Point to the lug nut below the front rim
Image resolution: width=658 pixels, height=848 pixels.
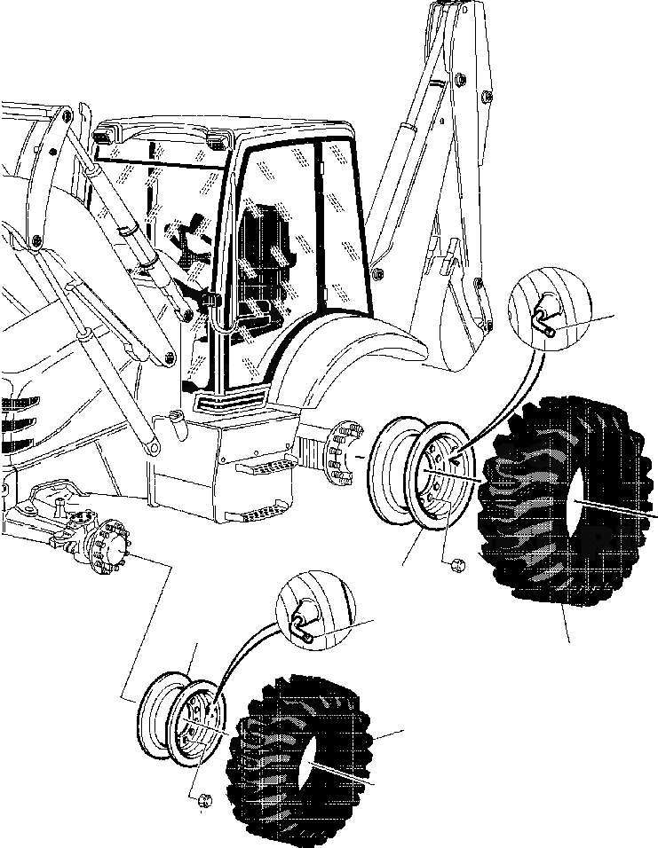click(x=203, y=800)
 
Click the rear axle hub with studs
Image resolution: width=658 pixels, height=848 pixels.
click(x=343, y=452)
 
